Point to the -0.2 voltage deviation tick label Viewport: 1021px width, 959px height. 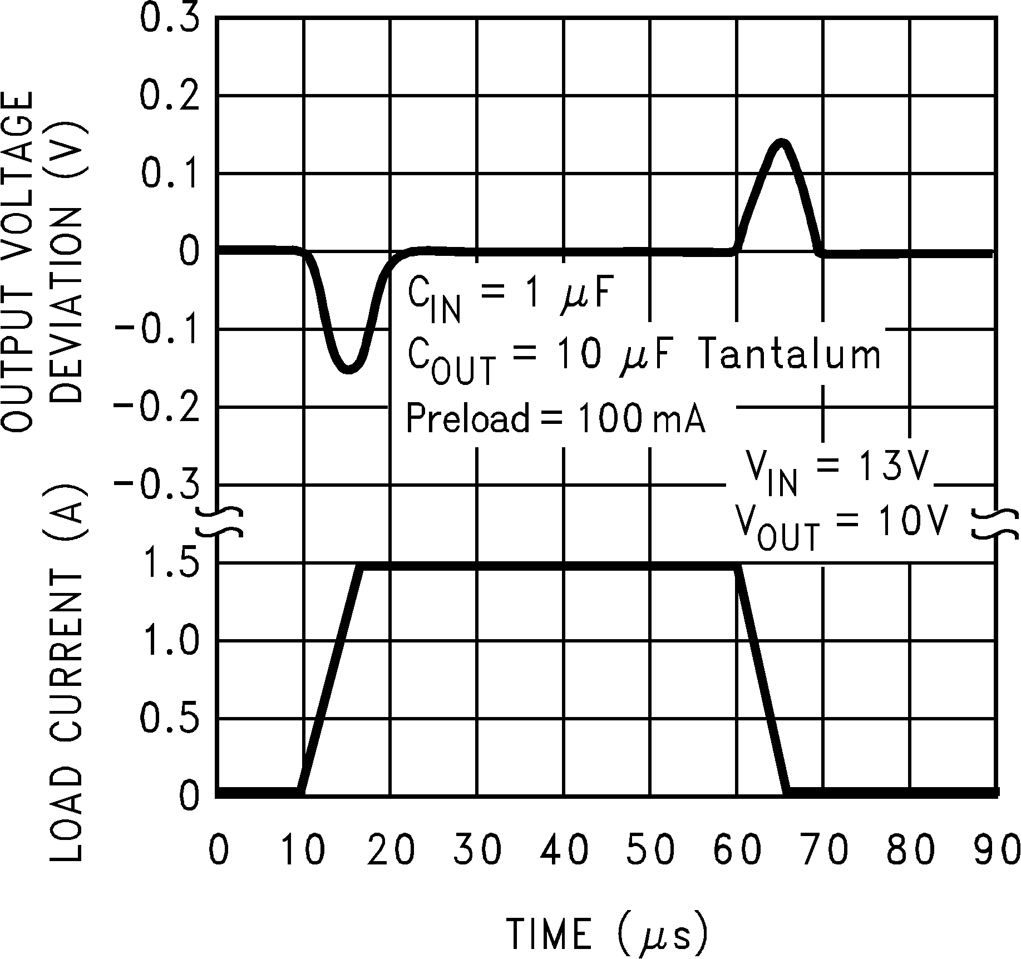coord(157,408)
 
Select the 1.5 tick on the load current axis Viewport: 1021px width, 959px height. coord(169,563)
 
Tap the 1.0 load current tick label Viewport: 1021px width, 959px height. coord(169,641)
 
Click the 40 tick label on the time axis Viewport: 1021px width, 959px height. coord(564,849)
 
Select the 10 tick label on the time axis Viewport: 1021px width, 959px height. coord(304,849)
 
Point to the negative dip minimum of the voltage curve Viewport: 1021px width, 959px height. coord(348,370)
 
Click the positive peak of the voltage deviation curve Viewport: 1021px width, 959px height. coord(782,142)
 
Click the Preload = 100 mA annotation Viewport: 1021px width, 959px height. coord(555,418)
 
